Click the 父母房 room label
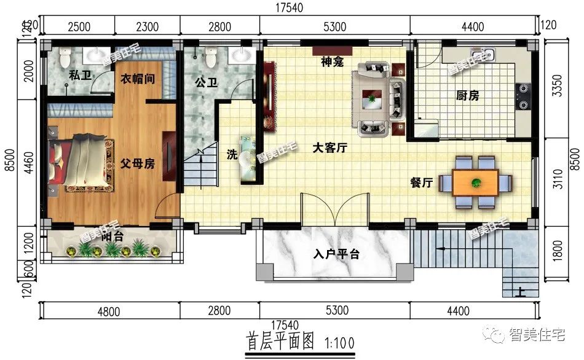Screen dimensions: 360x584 136,164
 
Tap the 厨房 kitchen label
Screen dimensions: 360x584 468,95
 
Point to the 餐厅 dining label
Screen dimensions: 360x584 422,182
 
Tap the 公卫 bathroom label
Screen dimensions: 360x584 207,82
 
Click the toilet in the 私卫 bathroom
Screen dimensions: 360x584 66,57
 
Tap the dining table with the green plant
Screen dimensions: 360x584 476,182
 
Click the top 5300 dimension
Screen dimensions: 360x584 334,26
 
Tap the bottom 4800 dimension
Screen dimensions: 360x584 108,311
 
